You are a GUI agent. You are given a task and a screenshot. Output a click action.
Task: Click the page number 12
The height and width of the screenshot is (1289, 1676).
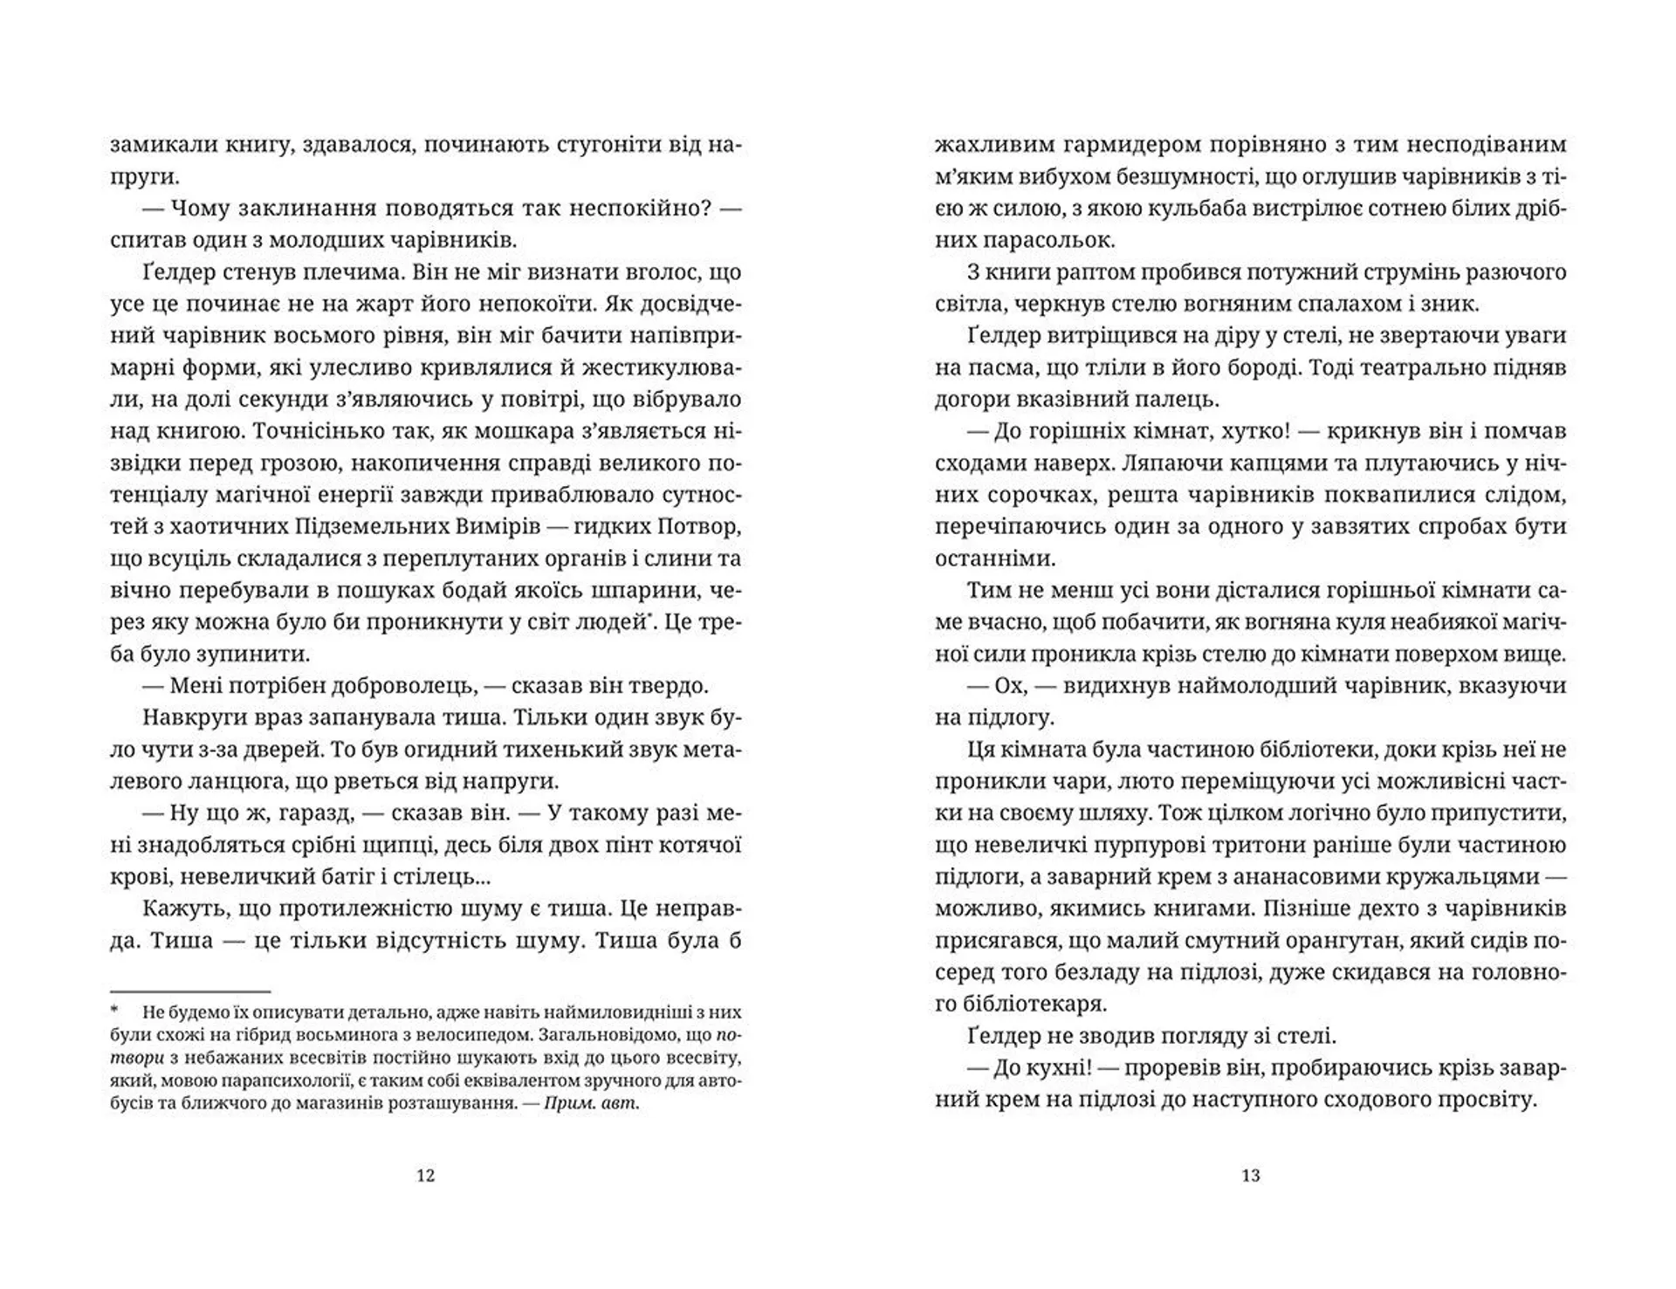coord(425,1176)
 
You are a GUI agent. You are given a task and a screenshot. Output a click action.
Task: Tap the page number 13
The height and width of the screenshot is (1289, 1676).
coord(1250,1176)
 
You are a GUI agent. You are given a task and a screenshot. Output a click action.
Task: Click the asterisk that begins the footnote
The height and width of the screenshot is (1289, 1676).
coord(113,1012)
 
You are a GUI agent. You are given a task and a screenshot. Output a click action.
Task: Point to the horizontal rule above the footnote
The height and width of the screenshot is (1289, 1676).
coord(190,991)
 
